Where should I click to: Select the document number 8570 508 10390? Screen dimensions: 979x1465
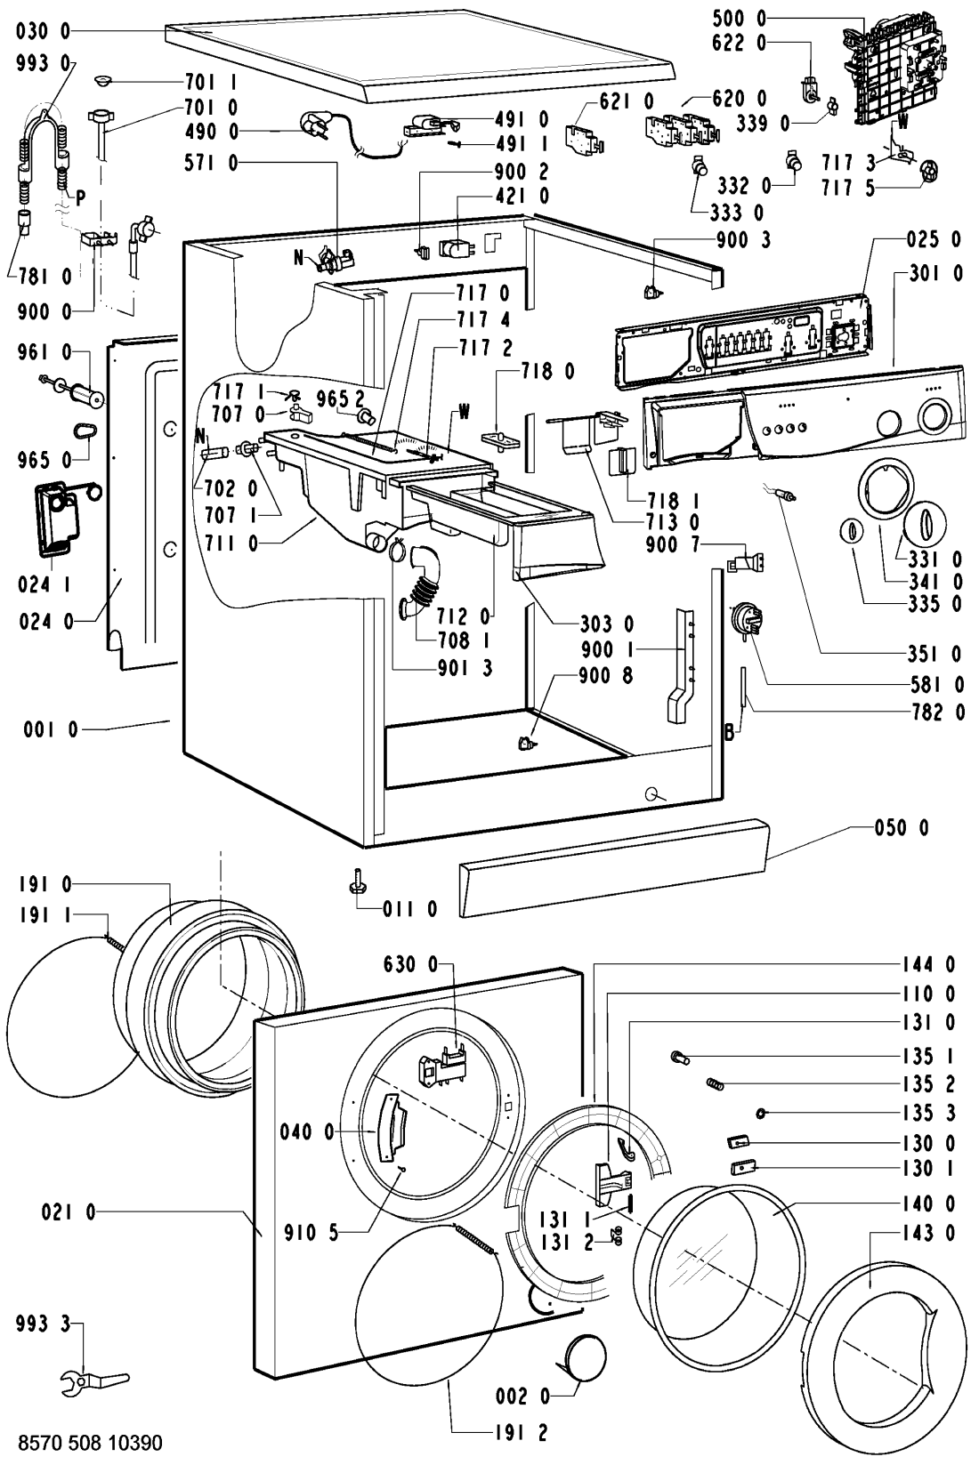pyautogui.click(x=90, y=1442)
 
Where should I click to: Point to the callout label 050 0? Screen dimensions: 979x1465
pyautogui.click(x=902, y=828)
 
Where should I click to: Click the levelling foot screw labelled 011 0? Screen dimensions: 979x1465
pyautogui.click(x=357, y=881)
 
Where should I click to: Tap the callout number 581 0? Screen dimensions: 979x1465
pyautogui.click(x=936, y=684)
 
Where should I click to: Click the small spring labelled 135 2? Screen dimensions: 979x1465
pyautogui.click(x=716, y=1083)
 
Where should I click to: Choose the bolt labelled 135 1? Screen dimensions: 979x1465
pyautogui.click(x=679, y=1056)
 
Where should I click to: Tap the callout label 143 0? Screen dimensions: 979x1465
pyautogui.click(x=928, y=1233)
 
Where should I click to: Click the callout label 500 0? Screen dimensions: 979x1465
pyautogui.click(x=739, y=19)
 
